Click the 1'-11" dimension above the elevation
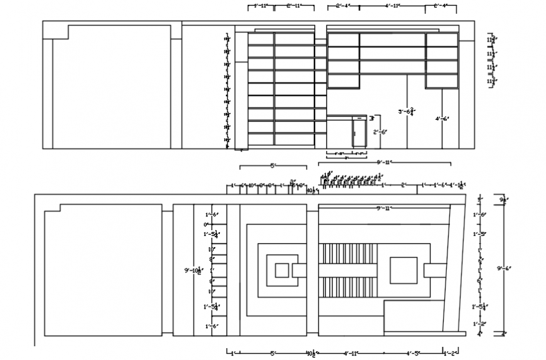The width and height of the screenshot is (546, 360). coord(259,6)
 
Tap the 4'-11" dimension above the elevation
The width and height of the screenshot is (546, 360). coord(392,6)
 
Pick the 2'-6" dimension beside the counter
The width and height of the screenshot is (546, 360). coord(380,132)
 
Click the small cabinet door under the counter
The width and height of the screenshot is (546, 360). coord(358,134)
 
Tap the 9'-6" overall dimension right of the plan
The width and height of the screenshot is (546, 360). coord(503,268)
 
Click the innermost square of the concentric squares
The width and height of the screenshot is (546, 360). coord(282,271)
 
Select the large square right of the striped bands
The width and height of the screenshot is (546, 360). coord(404,270)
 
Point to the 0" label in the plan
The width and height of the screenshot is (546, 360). coord(205,224)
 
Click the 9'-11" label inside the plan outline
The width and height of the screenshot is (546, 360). coord(383,208)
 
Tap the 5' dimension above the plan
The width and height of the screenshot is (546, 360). coord(273,166)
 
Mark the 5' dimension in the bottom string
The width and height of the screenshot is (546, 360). coord(273,353)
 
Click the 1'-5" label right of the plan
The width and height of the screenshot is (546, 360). coord(479,234)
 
